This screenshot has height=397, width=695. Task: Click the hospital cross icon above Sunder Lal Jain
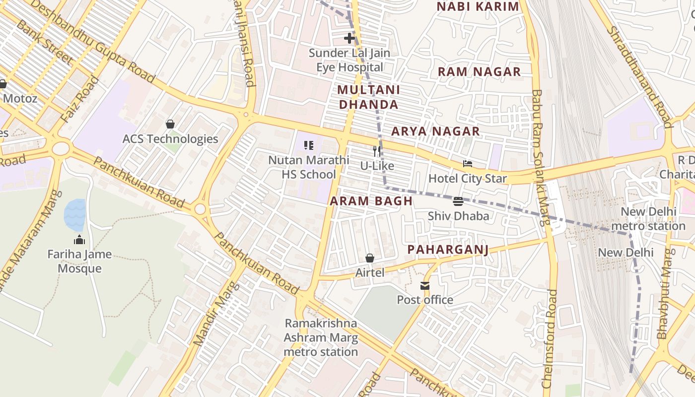point(349,38)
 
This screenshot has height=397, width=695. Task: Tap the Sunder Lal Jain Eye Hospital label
point(349,60)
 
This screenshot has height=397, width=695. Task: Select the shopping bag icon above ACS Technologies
point(170,124)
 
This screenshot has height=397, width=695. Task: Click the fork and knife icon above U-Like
point(377,151)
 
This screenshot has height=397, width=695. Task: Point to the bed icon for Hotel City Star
point(467,164)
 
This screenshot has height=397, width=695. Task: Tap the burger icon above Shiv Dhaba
point(458,201)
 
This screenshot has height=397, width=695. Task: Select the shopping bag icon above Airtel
point(370,258)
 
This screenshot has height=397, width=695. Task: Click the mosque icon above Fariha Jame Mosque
point(79,240)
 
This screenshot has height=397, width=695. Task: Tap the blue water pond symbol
point(75,215)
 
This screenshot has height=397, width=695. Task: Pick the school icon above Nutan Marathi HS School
point(309,145)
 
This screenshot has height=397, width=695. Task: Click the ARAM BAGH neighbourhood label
point(371,201)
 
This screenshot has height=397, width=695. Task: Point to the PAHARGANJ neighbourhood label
point(448,250)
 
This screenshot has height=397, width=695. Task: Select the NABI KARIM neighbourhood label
point(478,6)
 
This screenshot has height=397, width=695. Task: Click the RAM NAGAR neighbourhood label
point(479,72)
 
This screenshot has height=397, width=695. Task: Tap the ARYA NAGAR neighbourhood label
point(435,132)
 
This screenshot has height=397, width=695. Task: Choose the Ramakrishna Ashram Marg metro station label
point(321,337)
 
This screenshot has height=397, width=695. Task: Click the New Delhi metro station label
point(648,219)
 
